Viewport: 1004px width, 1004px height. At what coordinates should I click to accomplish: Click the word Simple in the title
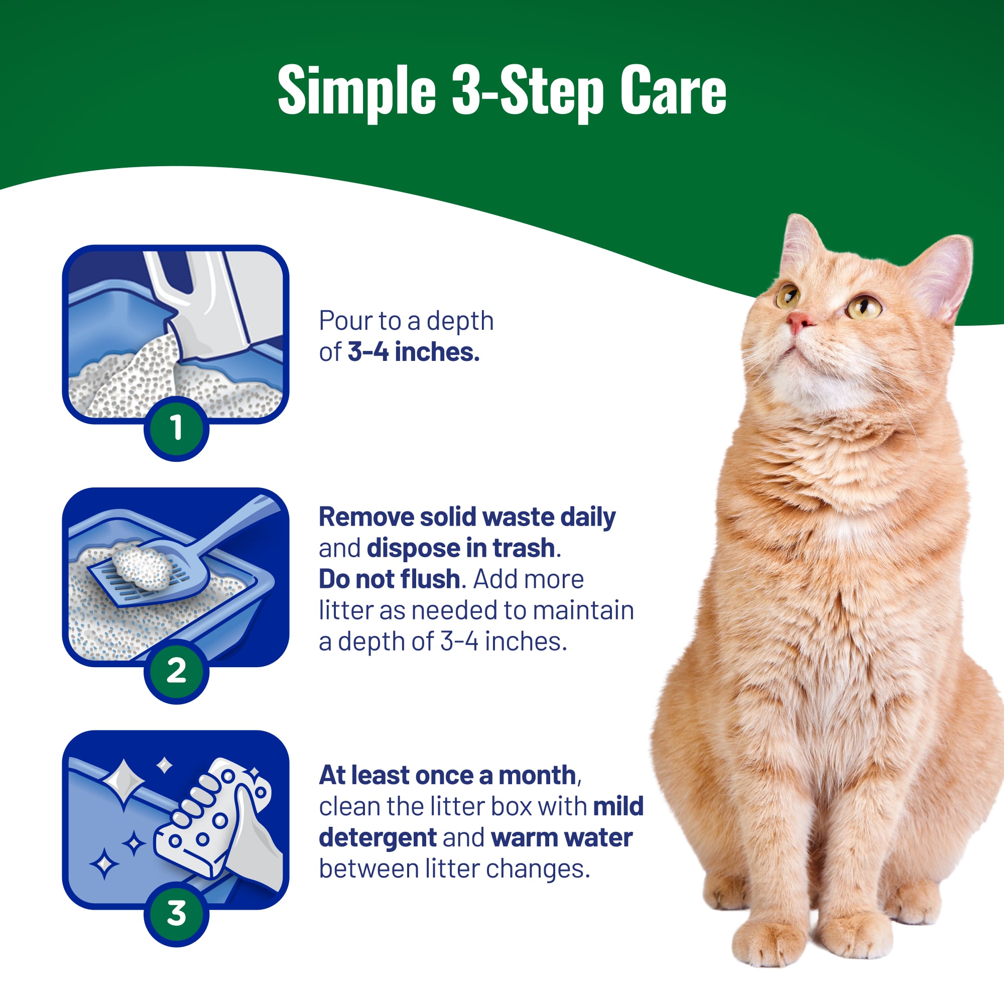[356, 91]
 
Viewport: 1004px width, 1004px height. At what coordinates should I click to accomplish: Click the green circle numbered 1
[177, 428]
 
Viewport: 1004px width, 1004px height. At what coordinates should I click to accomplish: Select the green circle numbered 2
[177, 671]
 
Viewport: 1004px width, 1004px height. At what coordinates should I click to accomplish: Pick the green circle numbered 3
[177, 914]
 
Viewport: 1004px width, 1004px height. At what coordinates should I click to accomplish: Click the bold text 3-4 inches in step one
[413, 352]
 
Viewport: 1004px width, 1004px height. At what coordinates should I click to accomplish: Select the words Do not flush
[389, 579]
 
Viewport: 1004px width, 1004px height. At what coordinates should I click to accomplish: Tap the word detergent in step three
[378, 838]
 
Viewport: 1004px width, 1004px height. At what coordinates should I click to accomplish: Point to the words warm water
[561, 838]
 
